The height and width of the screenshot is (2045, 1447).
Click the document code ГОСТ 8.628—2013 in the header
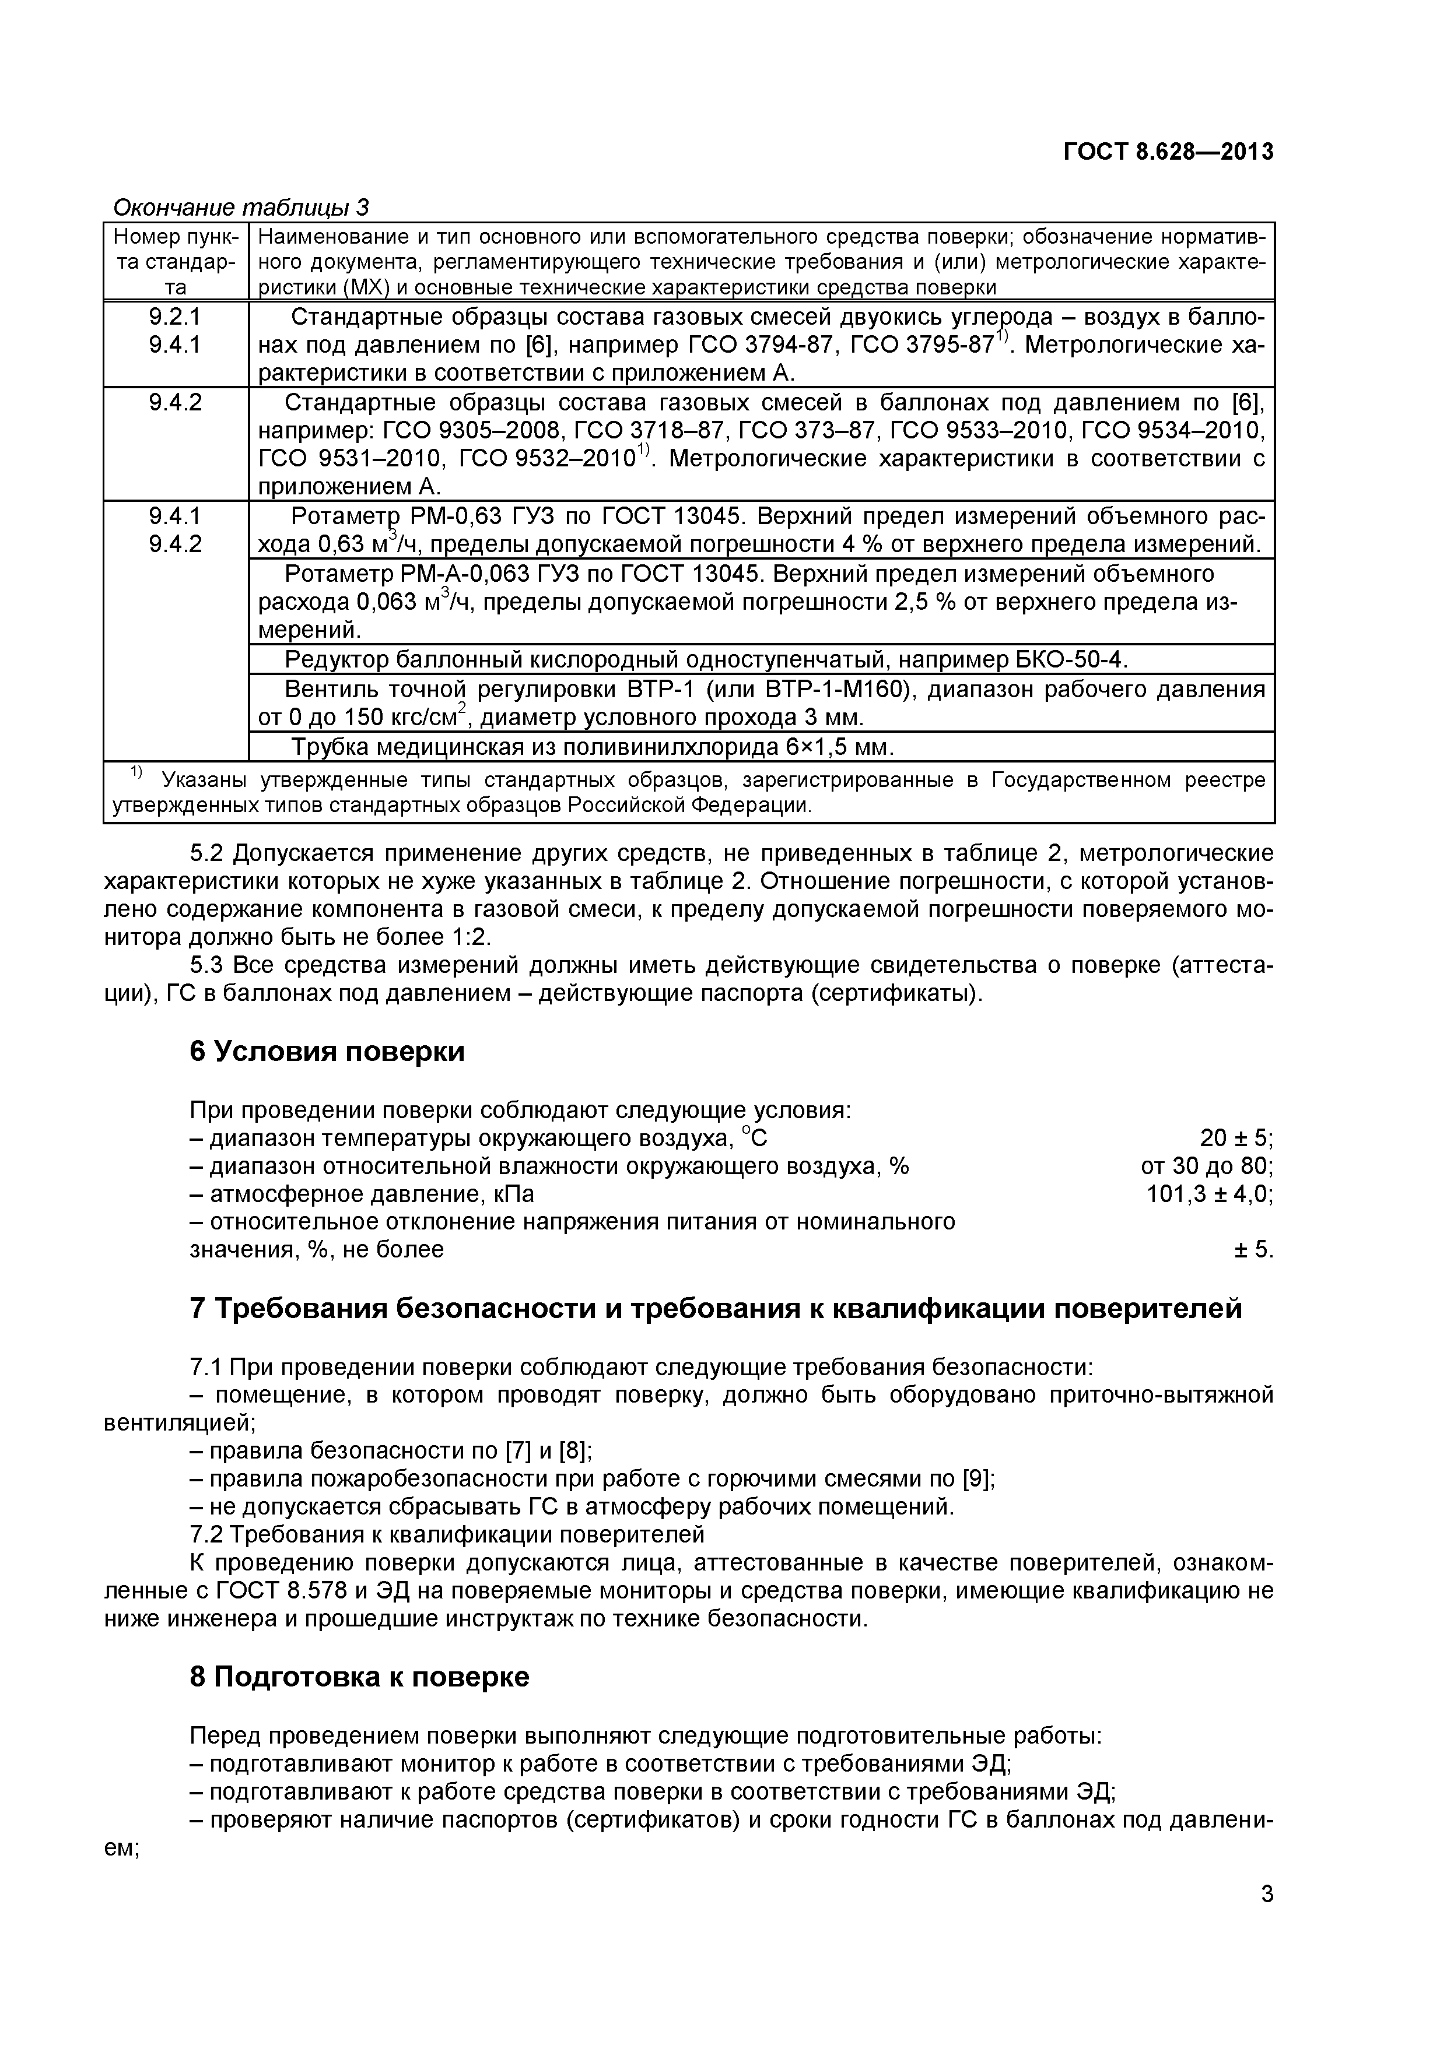pyautogui.click(x=1168, y=152)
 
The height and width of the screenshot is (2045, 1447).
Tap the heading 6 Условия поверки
pyautogui.click(x=327, y=1051)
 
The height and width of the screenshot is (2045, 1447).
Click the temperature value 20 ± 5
pyautogui.click(x=1235, y=1137)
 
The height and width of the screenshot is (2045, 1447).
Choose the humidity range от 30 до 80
pyautogui.click(x=1207, y=1166)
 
